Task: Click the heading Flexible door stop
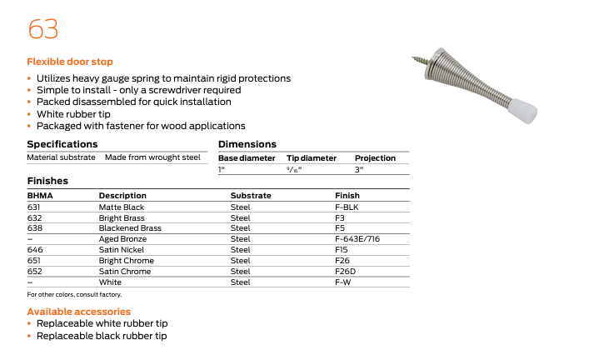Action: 70,62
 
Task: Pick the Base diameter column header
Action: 247,157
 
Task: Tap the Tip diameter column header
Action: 312,157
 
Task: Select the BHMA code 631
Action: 34,207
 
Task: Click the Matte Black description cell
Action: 122,207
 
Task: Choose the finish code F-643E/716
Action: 357,239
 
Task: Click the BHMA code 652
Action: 34,272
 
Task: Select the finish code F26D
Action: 346,272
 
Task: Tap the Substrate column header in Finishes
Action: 251,196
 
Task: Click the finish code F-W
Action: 342,282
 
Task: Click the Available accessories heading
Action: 79,312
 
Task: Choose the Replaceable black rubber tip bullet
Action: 102,336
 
